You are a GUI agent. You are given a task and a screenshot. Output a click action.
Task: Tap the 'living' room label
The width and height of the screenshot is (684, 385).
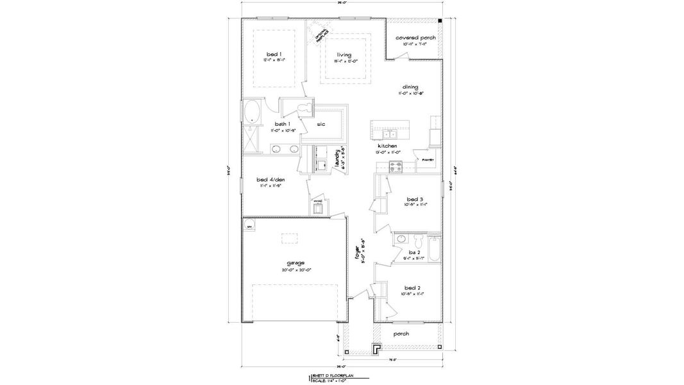344,55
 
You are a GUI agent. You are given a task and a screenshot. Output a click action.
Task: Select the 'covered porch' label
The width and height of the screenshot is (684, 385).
415,38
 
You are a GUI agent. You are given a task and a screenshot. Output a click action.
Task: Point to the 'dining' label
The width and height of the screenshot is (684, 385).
410,87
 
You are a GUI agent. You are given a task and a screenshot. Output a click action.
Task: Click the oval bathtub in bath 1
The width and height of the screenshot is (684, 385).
253,112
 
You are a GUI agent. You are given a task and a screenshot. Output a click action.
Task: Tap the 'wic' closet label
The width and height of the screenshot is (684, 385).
321,124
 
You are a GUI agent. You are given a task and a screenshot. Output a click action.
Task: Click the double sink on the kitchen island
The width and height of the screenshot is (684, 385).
390,134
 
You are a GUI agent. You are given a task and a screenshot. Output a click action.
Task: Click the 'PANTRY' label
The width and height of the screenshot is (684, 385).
428,160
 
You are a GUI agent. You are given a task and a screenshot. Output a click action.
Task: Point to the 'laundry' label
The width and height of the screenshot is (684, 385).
338,158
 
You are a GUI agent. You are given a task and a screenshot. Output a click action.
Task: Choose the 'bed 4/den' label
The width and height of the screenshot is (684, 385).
269,180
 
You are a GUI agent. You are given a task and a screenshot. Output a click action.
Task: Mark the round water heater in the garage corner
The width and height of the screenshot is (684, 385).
249,226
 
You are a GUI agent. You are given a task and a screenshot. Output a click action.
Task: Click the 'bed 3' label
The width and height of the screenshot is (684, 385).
415,199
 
